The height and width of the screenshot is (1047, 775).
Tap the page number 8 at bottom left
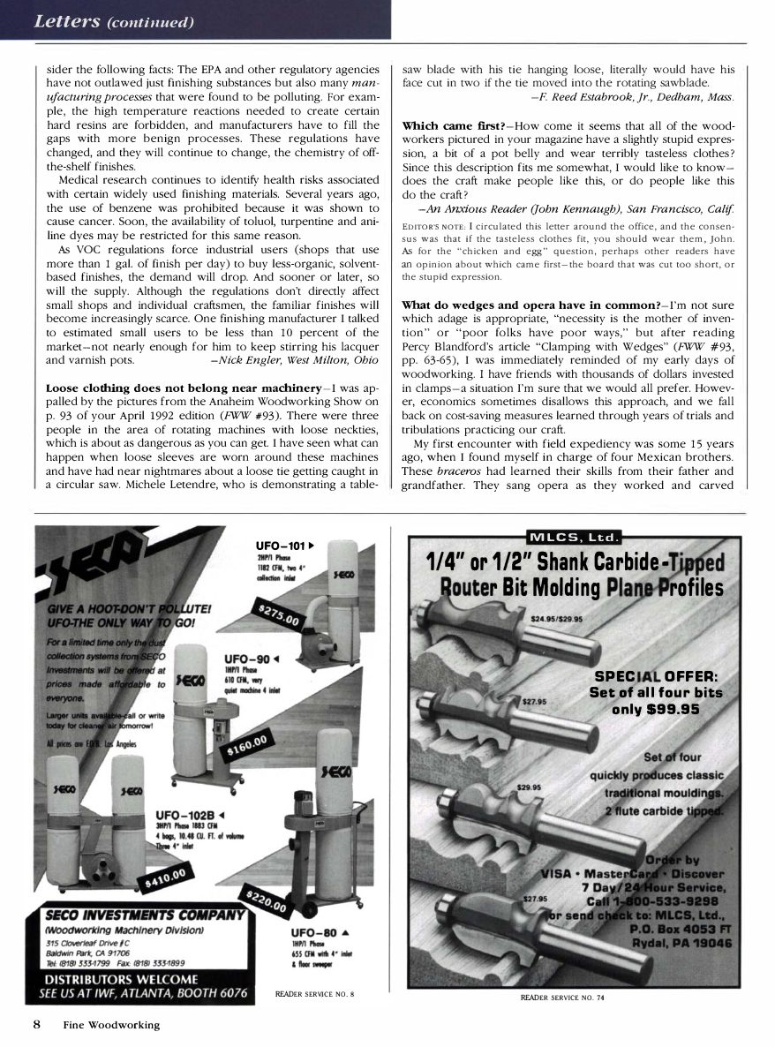tap(38, 1024)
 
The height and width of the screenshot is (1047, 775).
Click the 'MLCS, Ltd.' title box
tap(574, 537)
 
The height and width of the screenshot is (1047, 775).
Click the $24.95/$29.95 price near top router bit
tap(557, 618)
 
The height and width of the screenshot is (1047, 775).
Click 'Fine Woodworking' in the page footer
tap(111, 1025)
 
